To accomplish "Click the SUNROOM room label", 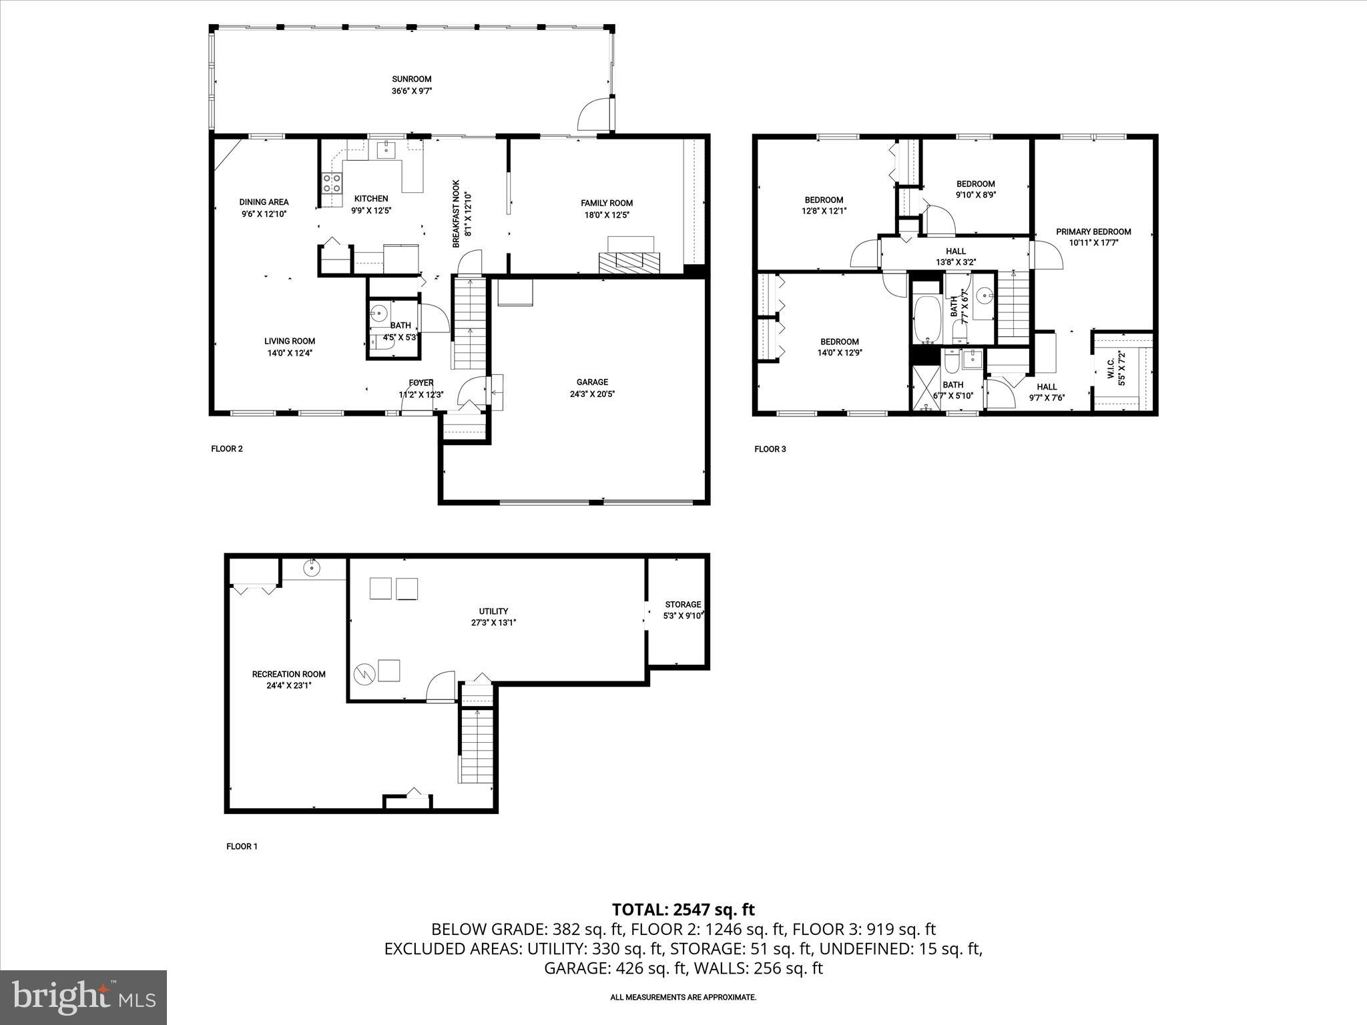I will [411, 79].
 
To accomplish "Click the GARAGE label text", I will [592, 382].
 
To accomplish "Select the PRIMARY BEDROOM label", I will [1093, 232].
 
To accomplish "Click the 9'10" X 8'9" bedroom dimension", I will [975, 195].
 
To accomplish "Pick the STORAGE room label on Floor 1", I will [682, 605].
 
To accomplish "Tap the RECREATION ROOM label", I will [288, 674].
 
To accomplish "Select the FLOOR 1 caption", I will [242, 846].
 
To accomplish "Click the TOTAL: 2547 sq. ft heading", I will [683, 909].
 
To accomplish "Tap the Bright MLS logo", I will [83, 997].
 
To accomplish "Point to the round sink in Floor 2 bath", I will [379, 312].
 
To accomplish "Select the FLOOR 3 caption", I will [770, 449].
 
